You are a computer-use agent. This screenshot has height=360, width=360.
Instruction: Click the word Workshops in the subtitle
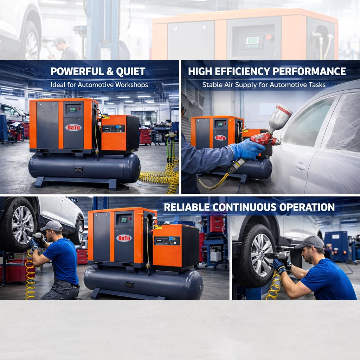(132, 85)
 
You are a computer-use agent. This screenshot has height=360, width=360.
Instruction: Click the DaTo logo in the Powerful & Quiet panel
(73, 127)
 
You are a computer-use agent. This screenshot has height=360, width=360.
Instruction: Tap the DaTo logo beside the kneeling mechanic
(124, 238)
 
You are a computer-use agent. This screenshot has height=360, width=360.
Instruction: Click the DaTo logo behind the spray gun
(220, 137)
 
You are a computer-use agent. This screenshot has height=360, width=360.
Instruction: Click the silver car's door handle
(300, 166)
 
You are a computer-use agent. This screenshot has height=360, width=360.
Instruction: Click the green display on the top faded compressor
(252, 40)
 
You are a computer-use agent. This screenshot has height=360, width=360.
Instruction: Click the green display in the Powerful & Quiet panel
(73, 110)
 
